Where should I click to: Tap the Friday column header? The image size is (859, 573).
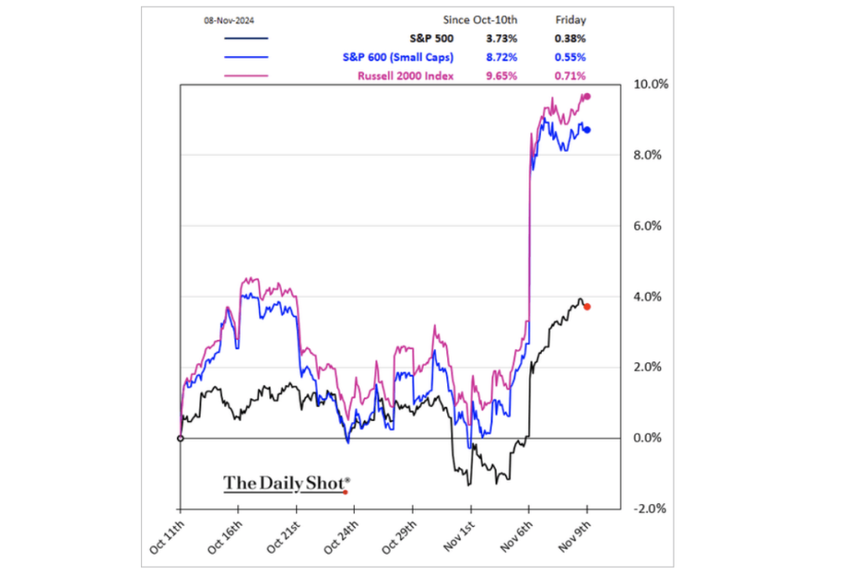[571, 18]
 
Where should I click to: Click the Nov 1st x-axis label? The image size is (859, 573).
[457, 538]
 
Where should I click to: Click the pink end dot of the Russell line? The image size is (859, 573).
[587, 96]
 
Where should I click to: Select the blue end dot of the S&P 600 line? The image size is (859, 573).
[587, 129]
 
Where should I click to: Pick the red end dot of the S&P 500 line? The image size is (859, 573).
[587, 307]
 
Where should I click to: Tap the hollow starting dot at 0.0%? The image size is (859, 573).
[180, 438]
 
